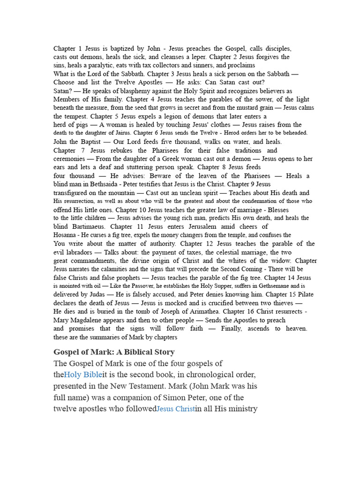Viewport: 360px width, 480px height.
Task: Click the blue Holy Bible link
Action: [x=83, y=375]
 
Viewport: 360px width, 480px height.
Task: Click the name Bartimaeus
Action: [x=87, y=226]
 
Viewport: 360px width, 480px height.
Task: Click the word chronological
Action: [x=193, y=375]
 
